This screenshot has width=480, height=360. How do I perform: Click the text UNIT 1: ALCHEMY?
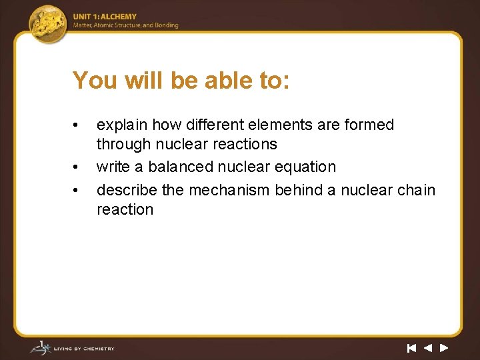click(x=105, y=17)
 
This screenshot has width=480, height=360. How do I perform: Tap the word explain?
click(x=122, y=125)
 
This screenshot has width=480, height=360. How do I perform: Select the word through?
click(x=123, y=144)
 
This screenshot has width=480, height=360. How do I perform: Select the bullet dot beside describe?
click(x=77, y=191)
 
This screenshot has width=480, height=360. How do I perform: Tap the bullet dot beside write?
click(x=77, y=167)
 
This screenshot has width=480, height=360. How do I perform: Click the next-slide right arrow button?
click(x=444, y=347)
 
